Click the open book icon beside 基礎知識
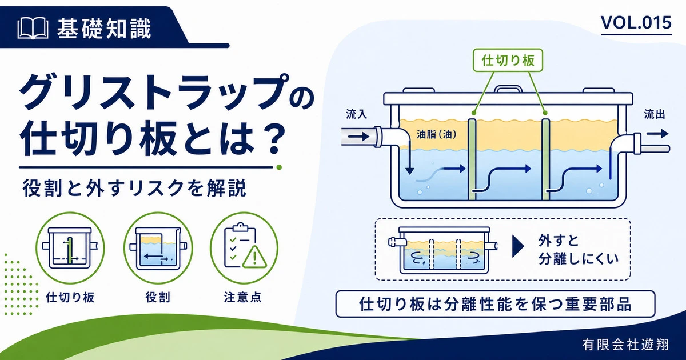[x=33, y=28]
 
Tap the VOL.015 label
[x=636, y=23]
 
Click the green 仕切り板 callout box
[x=508, y=61]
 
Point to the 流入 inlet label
[x=357, y=114]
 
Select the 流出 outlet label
[x=654, y=114]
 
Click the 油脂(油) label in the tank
[x=436, y=134]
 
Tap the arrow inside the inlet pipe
[x=359, y=136]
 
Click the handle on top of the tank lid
[x=508, y=89]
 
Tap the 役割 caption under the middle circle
[x=158, y=297]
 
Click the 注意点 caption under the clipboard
[x=242, y=297]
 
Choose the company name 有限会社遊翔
[x=625, y=345]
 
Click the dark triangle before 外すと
[x=518, y=247]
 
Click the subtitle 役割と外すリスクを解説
[x=134, y=188]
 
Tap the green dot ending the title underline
[x=279, y=167]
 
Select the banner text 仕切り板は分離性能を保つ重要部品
[x=495, y=304]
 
